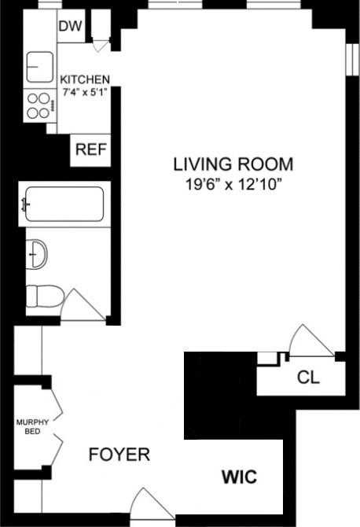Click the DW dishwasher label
click(70, 27)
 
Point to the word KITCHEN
click(85, 79)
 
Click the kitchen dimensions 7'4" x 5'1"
click(85, 91)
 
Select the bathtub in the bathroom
click(63, 205)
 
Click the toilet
click(44, 297)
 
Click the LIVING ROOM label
click(233, 165)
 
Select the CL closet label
click(308, 378)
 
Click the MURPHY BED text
click(32, 426)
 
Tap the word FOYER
click(119, 455)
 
